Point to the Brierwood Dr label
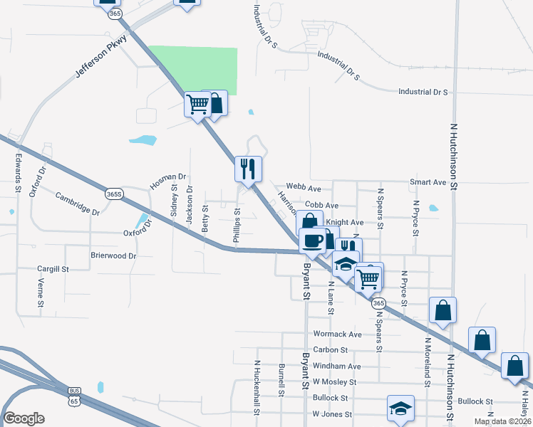113,255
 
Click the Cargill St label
53,270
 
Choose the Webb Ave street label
304,189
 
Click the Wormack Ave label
338,334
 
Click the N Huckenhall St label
257,385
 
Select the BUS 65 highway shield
74,396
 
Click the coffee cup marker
313,240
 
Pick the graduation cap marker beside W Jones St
400,408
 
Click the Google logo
24,418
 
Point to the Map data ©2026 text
502,421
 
